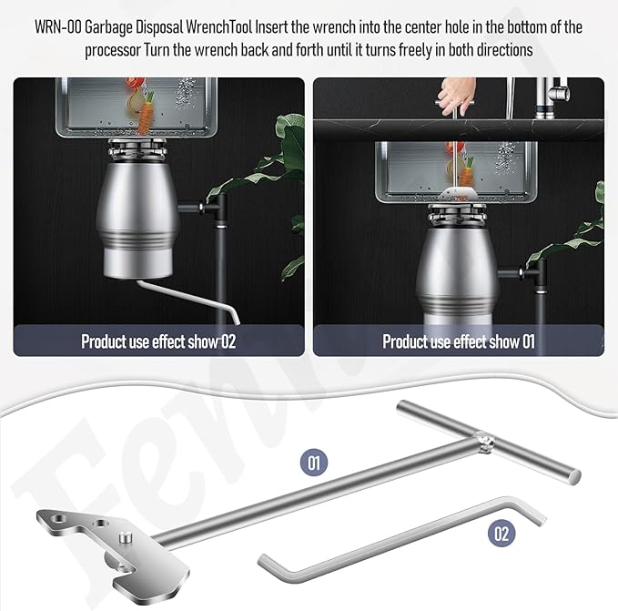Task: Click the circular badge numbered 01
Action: point(314,463)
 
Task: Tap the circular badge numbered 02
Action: point(501,534)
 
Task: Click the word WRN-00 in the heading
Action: point(58,27)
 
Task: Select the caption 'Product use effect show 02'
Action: point(158,341)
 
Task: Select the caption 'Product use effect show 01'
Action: point(459,341)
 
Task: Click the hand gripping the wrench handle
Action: point(456,95)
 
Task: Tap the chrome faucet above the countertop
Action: point(552,98)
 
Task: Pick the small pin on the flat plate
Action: point(126,536)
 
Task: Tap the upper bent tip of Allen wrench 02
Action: point(542,520)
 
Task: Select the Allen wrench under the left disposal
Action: point(188,299)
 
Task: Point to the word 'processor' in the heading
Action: point(113,50)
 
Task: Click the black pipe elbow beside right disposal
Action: point(535,273)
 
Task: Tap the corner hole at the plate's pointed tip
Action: point(59,518)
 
